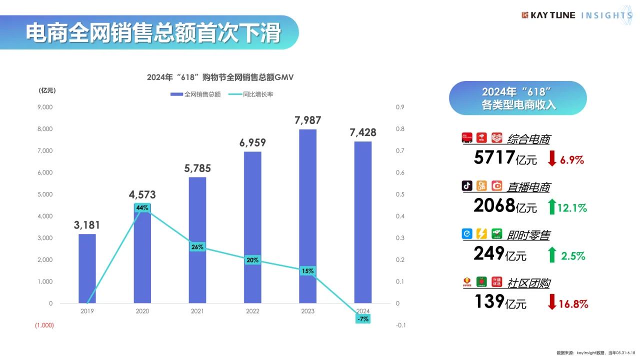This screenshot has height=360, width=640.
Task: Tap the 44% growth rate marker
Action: pyautogui.click(x=142, y=207)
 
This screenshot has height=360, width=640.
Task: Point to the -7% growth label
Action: pyautogui.click(x=362, y=318)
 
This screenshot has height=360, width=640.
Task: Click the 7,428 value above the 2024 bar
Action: pyautogui.click(x=363, y=132)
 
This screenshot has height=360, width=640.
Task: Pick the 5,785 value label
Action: pyautogui.click(x=197, y=168)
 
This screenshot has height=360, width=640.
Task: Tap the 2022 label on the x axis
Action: pyautogui.click(x=252, y=311)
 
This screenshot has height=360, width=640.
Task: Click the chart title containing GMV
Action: pyautogui.click(x=220, y=77)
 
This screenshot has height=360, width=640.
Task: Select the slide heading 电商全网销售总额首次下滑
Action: pyautogui.click(x=152, y=33)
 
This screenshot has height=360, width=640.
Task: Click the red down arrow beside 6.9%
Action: pyautogui.click(x=552, y=158)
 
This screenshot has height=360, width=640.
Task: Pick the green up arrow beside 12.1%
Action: pyautogui.click(x=552, y=206)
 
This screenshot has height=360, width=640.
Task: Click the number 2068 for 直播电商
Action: pyautogui.click(x=494, y=205)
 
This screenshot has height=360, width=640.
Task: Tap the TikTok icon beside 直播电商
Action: pyautogui.click(x=467, y=186)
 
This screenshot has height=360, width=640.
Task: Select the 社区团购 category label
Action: pyautogui.click(x=528, y=283)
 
